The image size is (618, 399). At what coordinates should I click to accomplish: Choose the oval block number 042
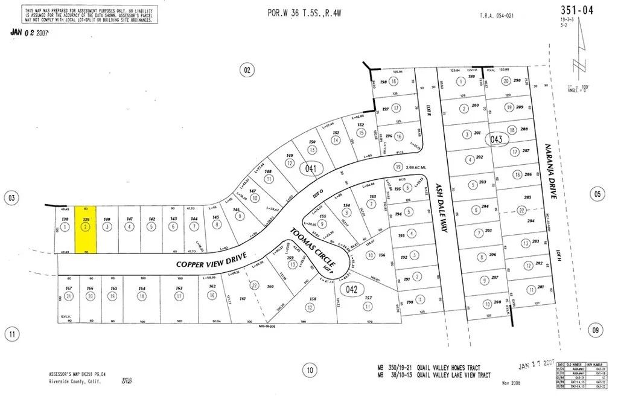(352, 289)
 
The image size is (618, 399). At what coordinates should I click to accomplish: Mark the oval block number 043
(497, 138)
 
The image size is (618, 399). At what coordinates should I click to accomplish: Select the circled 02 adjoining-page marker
(247, 70)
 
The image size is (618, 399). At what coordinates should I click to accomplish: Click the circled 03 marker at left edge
(11, 197)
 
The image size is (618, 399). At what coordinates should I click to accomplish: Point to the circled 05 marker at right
(597, 194)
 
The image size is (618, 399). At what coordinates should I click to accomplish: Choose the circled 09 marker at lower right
(597, 330)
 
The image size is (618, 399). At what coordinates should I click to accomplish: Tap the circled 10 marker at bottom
(310, 370)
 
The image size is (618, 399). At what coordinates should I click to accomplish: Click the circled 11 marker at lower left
(11, 333)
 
